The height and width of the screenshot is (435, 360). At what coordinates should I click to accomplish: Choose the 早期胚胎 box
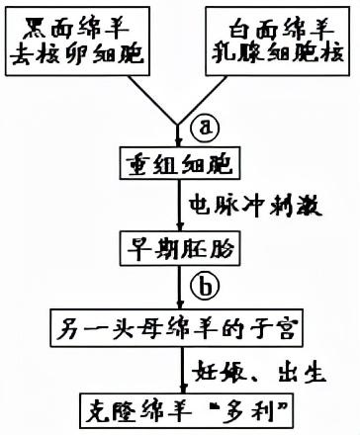(179, 244)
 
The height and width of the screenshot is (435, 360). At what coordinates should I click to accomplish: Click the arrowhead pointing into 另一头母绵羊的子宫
(180, 304)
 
